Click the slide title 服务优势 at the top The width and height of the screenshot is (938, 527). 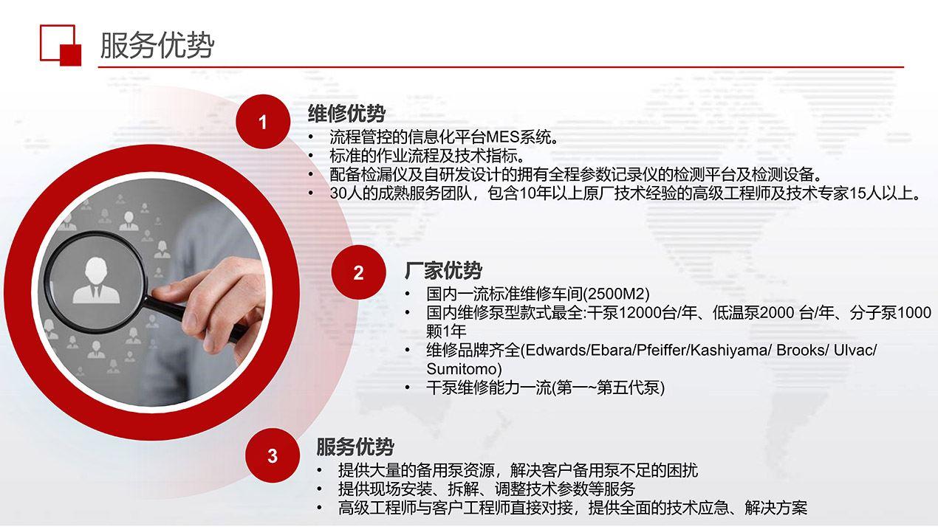click(x=157, y=45)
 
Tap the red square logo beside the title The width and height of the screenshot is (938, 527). click(x=61, y=45)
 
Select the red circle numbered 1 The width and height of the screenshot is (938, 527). click(x=263, y=122)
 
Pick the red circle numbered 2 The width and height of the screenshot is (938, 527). click(x=358, y=272)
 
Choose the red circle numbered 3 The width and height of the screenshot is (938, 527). click(x=273, y=455)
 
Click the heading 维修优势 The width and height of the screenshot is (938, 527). click(x=346, y=113)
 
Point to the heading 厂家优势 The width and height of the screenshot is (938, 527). click(x=443, y=270)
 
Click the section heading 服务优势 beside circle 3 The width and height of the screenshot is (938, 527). click(x=355, y=447)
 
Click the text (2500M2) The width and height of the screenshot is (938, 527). click(x=617, y=294)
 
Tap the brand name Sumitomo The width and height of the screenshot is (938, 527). click(x=462, y=369)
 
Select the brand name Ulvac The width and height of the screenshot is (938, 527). click(x=852, y=350)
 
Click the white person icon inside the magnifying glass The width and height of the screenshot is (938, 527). click(x=96, y=280)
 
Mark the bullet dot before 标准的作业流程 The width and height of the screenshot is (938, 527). click(x=311, y=156)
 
